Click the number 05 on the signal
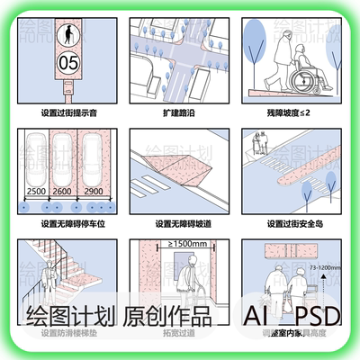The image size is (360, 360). click(x=68, y=64)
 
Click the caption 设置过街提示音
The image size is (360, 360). click(x=68, y=113)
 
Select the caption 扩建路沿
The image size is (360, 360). click(x=180, y=113)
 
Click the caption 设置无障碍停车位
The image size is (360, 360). click(x=68, y=223)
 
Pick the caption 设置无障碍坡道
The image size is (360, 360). click(x=180, y=223)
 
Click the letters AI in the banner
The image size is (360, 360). click(x=259, y=317)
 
